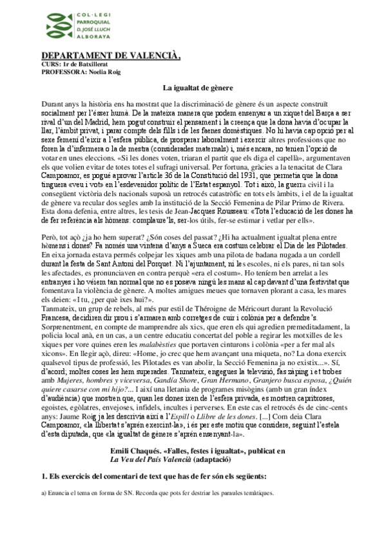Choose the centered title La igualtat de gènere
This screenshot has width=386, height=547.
click(193, 87)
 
